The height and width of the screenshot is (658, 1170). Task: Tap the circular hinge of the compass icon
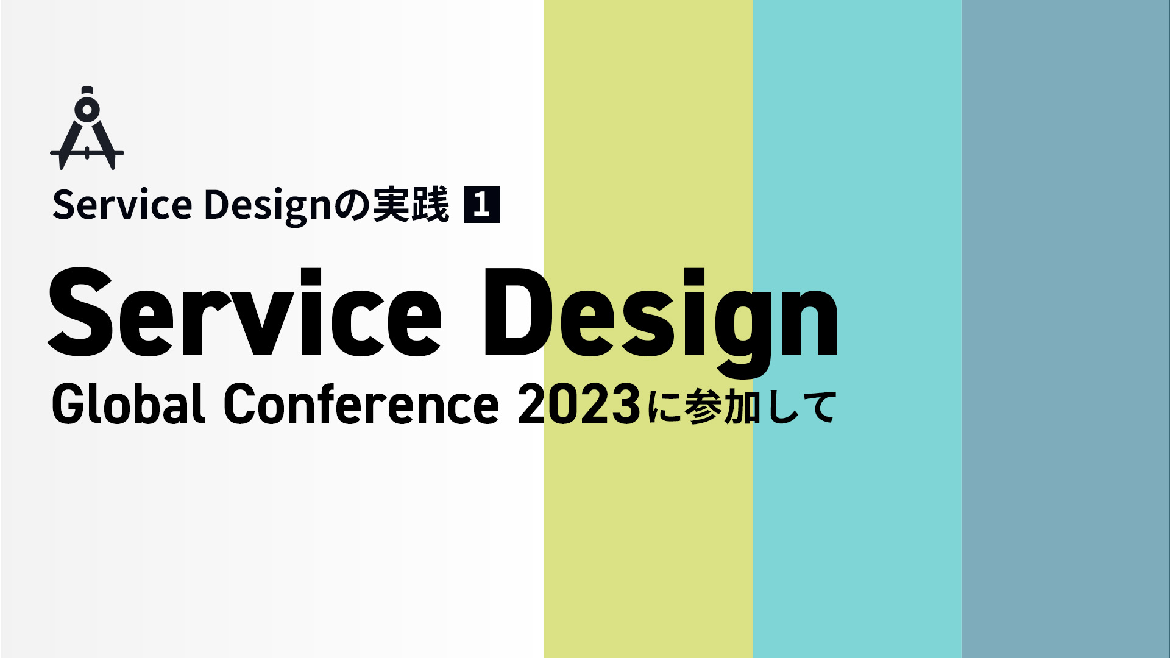[87, 110]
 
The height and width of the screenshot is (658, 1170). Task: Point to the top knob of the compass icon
[87, 90]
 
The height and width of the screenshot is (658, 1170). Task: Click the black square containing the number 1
[481, 205]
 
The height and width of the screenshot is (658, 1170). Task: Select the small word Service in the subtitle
[122, 205]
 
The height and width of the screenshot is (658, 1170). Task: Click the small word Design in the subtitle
[268, 207]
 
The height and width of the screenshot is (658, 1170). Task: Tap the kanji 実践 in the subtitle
[411, 205]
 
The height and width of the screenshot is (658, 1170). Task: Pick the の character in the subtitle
[352, 205]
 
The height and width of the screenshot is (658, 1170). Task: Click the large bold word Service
[245, 312]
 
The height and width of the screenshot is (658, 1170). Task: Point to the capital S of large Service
[82, 312]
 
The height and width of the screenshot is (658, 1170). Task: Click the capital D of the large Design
[517, 312]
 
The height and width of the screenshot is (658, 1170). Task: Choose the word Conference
[362, 404]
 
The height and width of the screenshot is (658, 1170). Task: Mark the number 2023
[579, 404]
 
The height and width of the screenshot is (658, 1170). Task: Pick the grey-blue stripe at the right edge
[1066, 329]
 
